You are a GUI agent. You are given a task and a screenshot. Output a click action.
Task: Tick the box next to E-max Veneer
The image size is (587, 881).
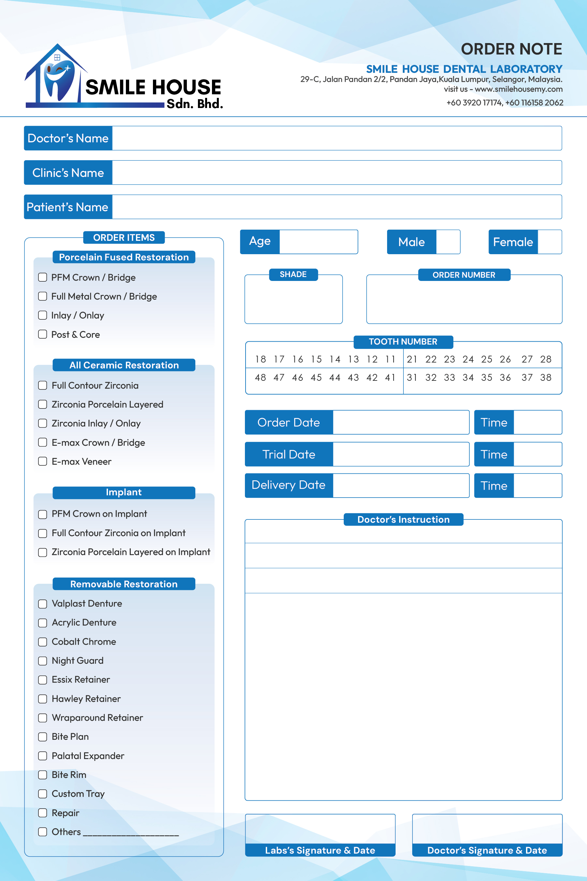(43, 461)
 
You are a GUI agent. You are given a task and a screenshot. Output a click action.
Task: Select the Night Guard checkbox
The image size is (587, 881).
(43, 660)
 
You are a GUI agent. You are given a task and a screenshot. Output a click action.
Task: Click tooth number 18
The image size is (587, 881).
(260, 359)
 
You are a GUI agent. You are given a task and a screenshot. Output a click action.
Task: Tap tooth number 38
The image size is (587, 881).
(546, 378)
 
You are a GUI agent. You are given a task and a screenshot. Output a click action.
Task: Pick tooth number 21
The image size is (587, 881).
(412, 359)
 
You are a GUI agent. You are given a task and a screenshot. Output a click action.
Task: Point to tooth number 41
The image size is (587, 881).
(390, 378)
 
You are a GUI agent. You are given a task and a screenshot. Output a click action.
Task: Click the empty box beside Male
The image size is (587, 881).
(448, 242)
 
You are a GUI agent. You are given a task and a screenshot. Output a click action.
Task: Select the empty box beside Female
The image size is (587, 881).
(549, 242)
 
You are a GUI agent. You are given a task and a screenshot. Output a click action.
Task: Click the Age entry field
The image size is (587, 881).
(318, 242)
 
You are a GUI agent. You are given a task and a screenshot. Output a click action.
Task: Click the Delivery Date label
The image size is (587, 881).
(289, 485)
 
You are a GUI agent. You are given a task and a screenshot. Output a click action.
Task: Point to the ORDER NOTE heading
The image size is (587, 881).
(511, 49)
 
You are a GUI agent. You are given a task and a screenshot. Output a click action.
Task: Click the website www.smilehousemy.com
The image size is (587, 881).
(519, 89)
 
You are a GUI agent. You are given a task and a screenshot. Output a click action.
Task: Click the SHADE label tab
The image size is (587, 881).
(293, 274)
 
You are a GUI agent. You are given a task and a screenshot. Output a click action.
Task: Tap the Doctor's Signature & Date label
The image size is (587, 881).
(487, 850)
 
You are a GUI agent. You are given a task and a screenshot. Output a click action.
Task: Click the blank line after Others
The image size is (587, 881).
(131, 832)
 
